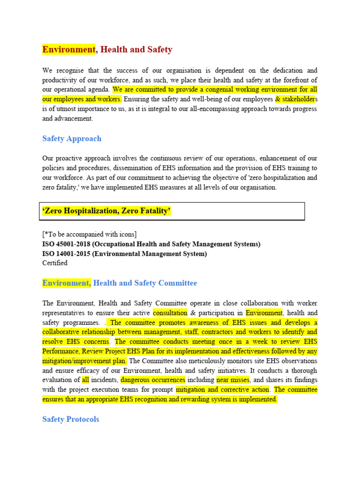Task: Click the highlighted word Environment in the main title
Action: pos(69,49)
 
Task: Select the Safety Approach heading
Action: pos(72,139)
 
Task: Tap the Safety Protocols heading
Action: pos(71,419)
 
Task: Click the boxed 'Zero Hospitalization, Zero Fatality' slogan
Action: pos(106,211)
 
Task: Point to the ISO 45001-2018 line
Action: pos(151,244)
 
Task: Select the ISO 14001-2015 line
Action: pos(124,254)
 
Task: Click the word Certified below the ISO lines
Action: pos(55,263)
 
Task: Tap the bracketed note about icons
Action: pos(90,234)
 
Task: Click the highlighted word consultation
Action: pos(170,313)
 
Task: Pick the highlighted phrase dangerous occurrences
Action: pos(153,380)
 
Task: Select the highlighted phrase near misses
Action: pos(233,380)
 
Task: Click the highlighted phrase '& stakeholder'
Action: pos(295,99)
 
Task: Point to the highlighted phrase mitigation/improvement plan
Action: pos(84,361)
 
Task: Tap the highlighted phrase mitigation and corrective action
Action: pos(223,390)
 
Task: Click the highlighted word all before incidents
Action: pos(85,380)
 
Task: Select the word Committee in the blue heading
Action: pos(178,283)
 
